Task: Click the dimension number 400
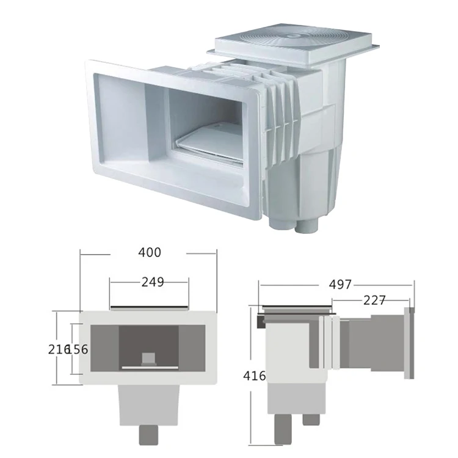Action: pos(150,252)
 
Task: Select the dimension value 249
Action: pos(153,282)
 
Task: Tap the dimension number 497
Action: pos(340,285)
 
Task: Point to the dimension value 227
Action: pos(374,300)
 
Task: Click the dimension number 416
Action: pos(255,376)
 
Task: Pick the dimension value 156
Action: pos(78,350)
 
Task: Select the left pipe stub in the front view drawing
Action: pos(148,434)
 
